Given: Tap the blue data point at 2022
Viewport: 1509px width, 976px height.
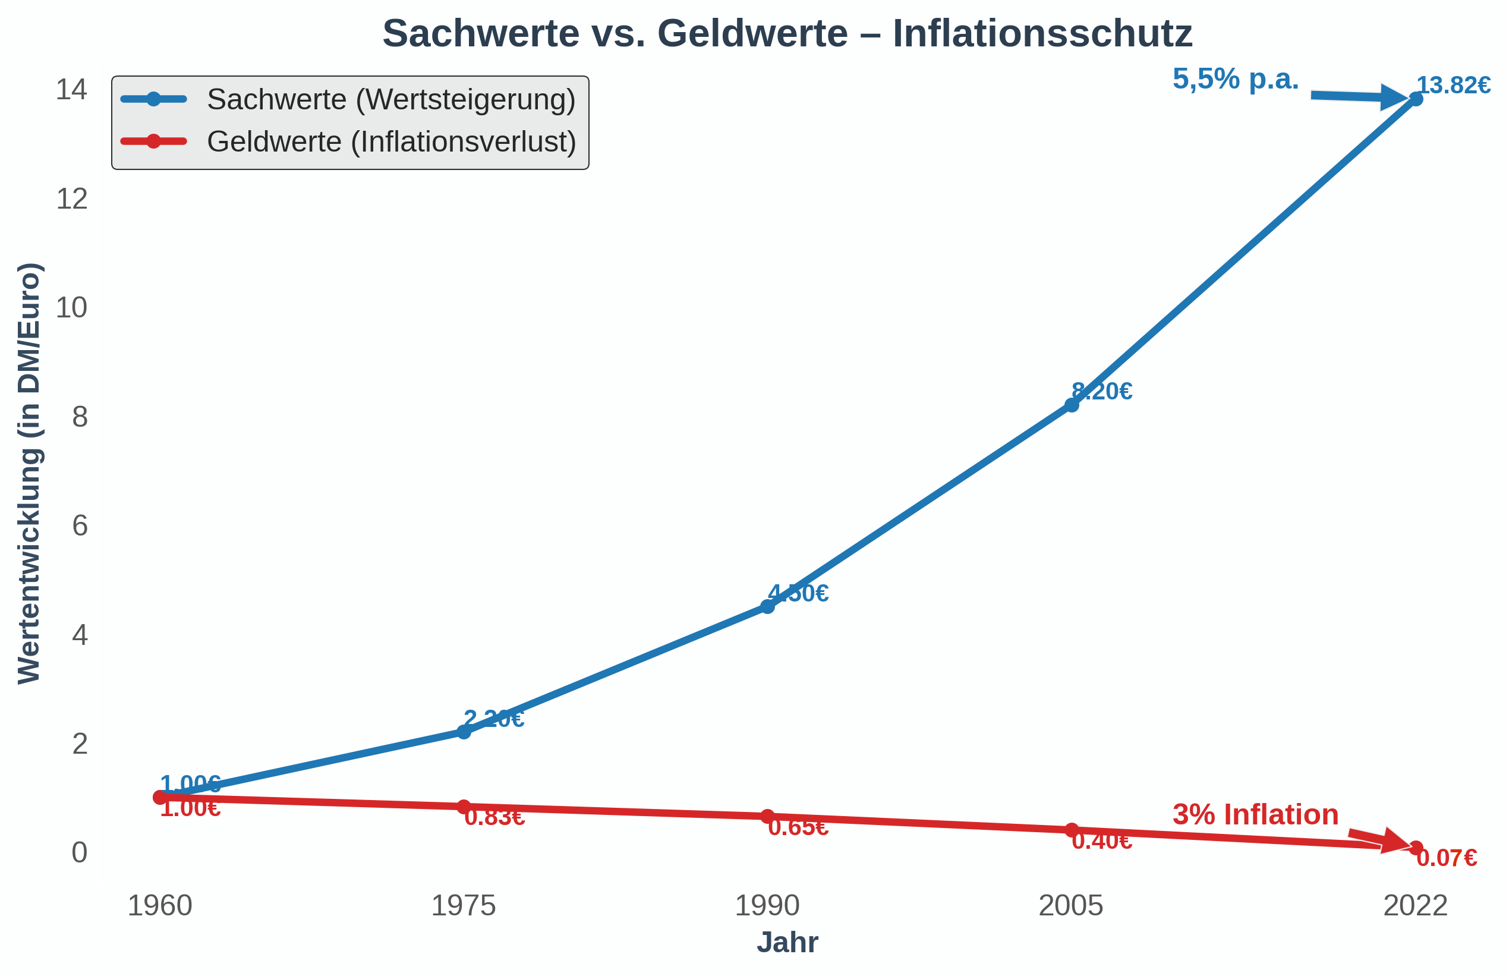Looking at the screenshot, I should pyautogui.click(x=1416, y=99).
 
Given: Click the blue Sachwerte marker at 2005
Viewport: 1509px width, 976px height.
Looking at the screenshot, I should pyautogui.click(x=1071, y=405).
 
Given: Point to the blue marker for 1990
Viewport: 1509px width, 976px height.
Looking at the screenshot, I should pyautogui.click(x=767, y=606).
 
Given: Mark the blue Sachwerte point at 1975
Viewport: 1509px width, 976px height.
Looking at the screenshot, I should pyautogui.click(x=464, y=732).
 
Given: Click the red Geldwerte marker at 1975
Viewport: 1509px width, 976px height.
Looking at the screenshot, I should pyautogui.click(x=464, y=806).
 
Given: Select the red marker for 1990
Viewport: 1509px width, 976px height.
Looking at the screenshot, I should pyautogui.click(x=767, y=816).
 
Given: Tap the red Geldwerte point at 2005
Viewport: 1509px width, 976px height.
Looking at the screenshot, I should pyautogui.click(x=1071, y=830).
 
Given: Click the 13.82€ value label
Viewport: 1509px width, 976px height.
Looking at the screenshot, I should pyautogui.click(x=1453, y=85).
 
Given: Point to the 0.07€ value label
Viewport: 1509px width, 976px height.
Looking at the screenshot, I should pyautogui.click(x=1446, y=858).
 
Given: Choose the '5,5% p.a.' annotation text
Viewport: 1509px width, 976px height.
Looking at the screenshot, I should pyautogui.click(x=1236, y=79).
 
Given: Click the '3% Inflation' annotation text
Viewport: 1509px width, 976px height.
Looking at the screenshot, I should pyautogui.click(x=1255, y=815).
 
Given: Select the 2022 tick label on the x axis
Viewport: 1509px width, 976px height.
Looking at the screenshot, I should pyautogui.click(x=1415, y=906).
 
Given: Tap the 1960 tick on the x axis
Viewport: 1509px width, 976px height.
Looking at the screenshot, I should pyautogui.click(x=160, y=906).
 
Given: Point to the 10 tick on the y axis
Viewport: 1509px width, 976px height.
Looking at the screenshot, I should pyautogui.click(x=71, y=308).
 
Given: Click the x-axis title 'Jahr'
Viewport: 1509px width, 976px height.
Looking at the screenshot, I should pyautogui.click(x=787, y=942).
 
